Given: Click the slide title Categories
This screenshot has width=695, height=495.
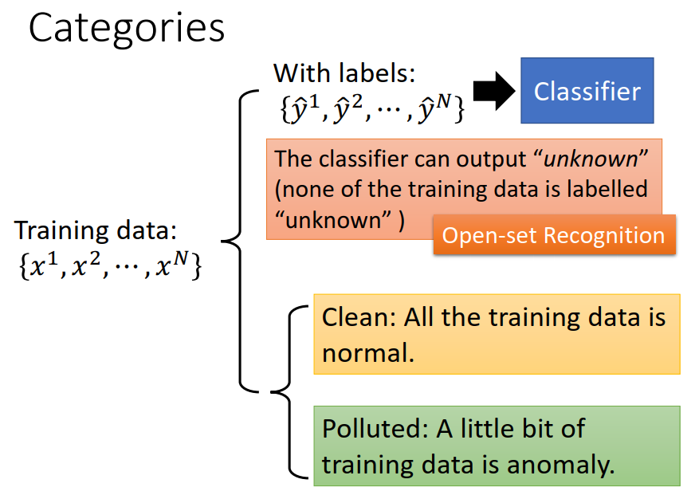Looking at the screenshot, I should [127, 29].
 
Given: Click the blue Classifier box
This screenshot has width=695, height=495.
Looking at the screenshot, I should [587, 91].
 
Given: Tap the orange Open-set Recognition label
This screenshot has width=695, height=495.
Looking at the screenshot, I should [553, 235].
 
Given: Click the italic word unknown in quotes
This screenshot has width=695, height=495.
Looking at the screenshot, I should [591, 158].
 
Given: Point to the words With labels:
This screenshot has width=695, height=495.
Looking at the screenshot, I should [344, 74].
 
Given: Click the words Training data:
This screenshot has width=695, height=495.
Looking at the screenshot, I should [95, 231].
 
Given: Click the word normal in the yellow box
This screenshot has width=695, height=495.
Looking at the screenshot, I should [367, 352].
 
